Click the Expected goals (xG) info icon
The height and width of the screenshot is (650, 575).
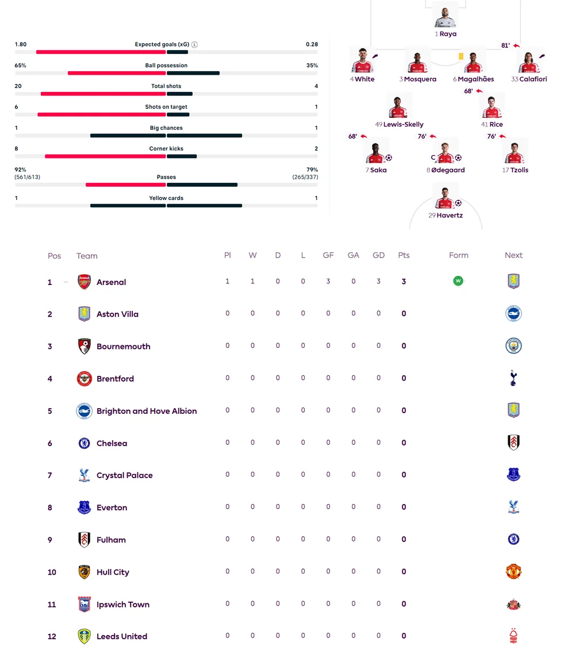point(194,44)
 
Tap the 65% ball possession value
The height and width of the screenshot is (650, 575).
point(20,66)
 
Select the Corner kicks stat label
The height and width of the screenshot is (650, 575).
point(166,148)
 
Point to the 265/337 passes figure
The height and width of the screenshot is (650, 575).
point(305,177)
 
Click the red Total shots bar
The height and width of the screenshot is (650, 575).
point(103,94)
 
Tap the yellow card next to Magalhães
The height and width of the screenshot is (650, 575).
point(461,56)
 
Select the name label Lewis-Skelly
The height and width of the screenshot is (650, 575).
point(403,124)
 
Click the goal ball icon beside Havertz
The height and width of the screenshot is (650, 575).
point(458,203)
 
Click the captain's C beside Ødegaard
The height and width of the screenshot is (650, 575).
point(433,157)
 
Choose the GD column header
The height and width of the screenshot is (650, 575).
point(378,255)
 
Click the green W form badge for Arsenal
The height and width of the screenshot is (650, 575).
point(458,281)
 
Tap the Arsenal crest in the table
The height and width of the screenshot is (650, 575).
point(84,282)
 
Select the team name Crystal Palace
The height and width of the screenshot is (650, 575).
point(124,475)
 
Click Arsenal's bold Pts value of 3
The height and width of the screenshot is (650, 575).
point(404,282)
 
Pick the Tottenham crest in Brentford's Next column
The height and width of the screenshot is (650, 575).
point(513,378)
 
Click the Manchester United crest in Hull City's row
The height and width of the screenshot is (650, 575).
point(513,572)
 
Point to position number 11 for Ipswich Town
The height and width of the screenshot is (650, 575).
point(52,605)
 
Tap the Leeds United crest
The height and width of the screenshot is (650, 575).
point(84,636)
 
